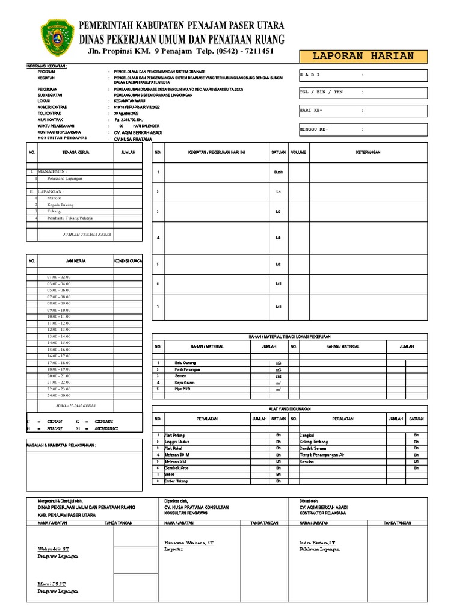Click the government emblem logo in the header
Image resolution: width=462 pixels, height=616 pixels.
pos(58,37)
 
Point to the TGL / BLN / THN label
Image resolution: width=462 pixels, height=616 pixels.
pos(321,93)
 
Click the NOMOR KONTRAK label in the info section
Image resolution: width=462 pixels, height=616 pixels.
pos(52,107)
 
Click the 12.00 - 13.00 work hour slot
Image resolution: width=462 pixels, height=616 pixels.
pos(58,330)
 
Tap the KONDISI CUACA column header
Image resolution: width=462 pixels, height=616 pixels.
pos(128,261)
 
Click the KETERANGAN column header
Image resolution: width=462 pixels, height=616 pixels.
pos(368,153)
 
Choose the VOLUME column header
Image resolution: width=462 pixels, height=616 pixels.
pos(298,153)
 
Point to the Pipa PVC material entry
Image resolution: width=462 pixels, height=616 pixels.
pos(182,389)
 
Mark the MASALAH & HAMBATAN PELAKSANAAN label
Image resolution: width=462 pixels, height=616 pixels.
pos(61,446)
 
